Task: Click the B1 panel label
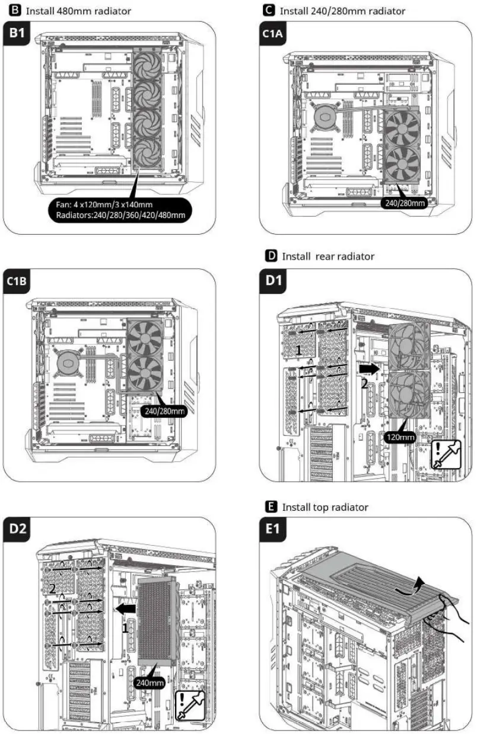[x=16, y=34]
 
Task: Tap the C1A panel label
[x=274, y=34]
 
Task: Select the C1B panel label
[x=17, y=283]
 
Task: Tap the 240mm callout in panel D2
[x=149, y=683]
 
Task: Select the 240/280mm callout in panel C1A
[x=404, y=203]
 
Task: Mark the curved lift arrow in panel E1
[x=414, y=586]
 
